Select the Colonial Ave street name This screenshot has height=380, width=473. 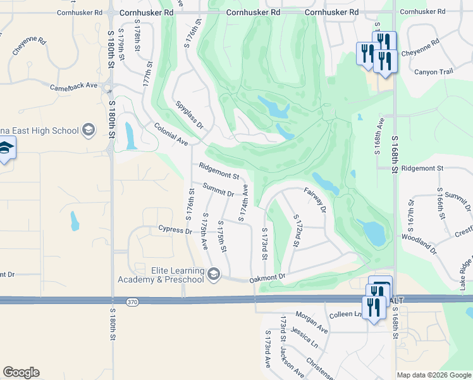(x=171, y=134)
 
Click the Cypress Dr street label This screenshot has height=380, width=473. (x=175, y=230)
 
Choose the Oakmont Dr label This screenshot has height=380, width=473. (x=267, y=277)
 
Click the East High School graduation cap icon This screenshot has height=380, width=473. (x=88, y=131)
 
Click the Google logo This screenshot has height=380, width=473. (x=21, y=372)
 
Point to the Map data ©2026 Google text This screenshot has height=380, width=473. (x=433, y=375)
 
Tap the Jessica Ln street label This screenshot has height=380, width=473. (x=305, y=337)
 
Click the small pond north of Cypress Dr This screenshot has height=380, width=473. (x=75, y=221)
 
